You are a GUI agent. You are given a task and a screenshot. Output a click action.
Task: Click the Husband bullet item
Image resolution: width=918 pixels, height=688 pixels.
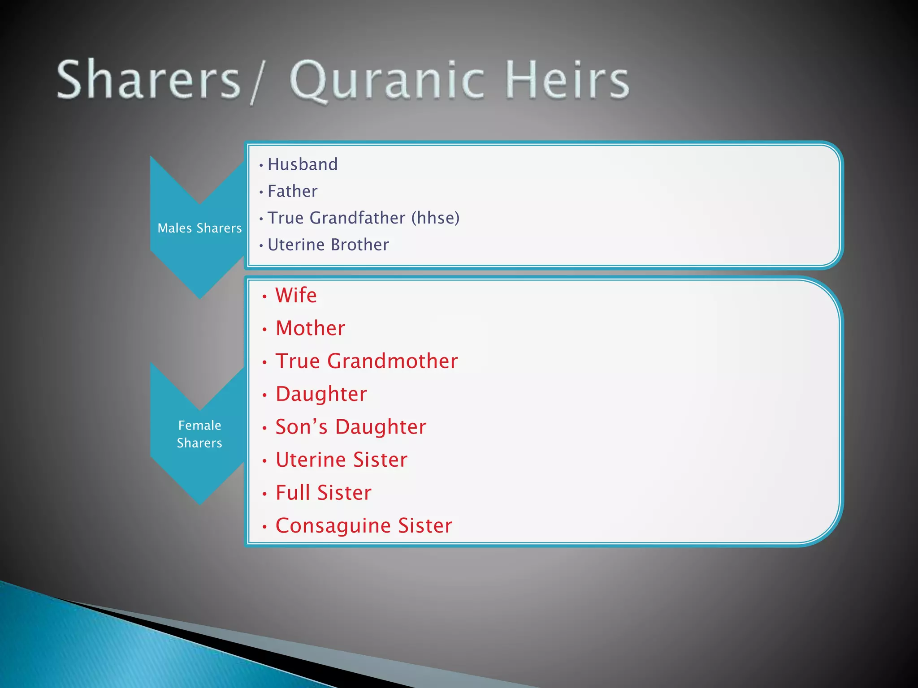coord(303,164)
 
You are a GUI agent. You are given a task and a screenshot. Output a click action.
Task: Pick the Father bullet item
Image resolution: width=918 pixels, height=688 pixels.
coord(292,191)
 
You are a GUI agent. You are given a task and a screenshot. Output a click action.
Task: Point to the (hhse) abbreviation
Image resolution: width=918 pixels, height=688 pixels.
coord(435,218)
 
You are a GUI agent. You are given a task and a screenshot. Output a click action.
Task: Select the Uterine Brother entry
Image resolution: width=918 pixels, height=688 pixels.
coord(328,245)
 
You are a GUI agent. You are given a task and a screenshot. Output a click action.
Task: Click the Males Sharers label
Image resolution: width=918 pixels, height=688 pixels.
coord(199,228)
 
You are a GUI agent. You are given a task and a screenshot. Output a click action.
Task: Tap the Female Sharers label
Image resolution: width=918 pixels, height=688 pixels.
coord(199,434)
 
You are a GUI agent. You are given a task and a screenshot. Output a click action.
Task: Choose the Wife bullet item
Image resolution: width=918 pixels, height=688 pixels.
coord(296,296)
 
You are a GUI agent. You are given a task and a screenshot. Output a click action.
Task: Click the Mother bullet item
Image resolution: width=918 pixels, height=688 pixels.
coord(310,328)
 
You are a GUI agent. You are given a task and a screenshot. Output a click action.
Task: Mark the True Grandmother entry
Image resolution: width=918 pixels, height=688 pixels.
coord(366,361)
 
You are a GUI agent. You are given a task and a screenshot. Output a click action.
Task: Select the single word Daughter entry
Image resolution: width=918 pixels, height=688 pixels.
coord(321,394)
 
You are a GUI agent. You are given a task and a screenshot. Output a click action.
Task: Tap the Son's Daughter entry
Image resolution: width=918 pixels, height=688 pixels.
coord(351,427)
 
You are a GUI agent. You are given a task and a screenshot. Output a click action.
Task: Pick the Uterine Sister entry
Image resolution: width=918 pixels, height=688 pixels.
coord(341,460)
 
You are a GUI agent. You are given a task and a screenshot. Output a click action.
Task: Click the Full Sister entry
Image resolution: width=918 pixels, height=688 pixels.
coord(323,493)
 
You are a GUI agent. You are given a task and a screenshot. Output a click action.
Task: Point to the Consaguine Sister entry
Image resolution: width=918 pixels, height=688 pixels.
coord(364,526)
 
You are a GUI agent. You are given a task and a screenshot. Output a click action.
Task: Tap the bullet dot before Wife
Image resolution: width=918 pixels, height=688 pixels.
coord(264,297)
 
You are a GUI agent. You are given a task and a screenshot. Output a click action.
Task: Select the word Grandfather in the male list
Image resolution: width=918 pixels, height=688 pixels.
coord(357,218)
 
